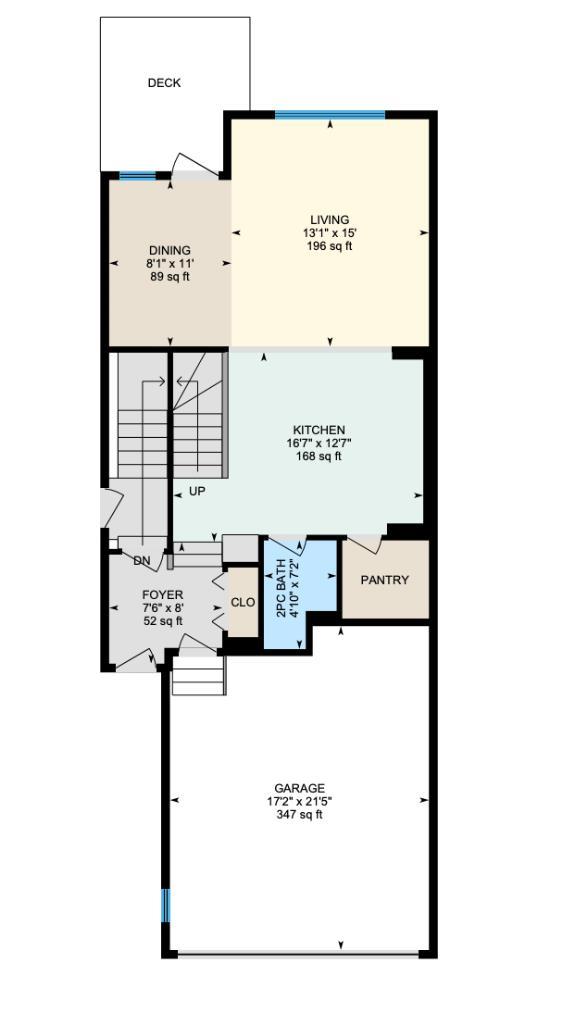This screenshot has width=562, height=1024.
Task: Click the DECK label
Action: pyautogui.click(x=164, y=83)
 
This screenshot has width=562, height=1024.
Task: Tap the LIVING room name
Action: pyautogui.click(x=329, y=220)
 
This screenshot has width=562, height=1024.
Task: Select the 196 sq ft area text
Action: pyautogui.click(x=329, y=246)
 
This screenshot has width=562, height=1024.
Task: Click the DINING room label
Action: pyautogui.click(x=169, y=250)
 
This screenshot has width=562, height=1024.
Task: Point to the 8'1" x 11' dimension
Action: pyautogui.click(x=169, y=263)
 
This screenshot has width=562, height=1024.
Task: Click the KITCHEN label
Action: pyautogui.click(x=318, y=430)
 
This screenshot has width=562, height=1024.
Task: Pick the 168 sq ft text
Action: pyautogui.click(x=318, y=456)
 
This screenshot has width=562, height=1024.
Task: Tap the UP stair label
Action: pyautogui.click(x=197, y=492)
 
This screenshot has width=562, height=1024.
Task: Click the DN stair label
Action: pyautogui.click(x=142, y=561)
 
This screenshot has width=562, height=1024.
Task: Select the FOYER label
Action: pyautogui.click(x=162, y=595)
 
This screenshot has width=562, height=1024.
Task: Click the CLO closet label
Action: pyautogui.click(x=243, y=602)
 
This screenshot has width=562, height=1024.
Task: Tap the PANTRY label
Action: pyautogui.click(x=385, y=580)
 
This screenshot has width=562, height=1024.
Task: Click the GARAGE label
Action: pyautogui.click(x=299, y=788)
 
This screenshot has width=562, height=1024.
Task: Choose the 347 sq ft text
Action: pyautogui.click(x=299, y=814)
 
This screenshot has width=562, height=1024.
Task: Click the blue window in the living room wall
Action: pyautogui.click(x=329, y=115)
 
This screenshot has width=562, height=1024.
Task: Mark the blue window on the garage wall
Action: pyautogui.click(x=166, y=905)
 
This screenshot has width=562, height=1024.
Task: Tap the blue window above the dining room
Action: pyautogui.click(x=137, y=177)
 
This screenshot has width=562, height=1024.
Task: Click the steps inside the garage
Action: pyautogui.click(x=199, y=675)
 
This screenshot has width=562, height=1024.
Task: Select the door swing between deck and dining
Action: pyautogui.click(x=192, y=165)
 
